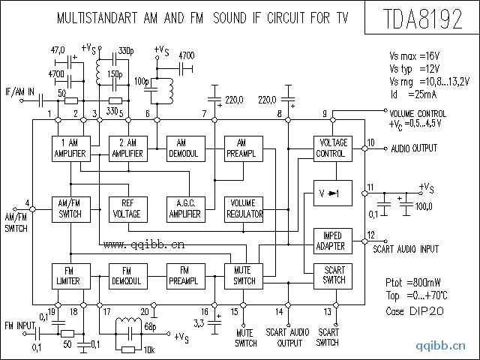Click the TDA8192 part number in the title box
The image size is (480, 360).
[421, 19]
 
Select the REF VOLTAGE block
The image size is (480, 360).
[128, 208]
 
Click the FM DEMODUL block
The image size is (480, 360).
[128, 276]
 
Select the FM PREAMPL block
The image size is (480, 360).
[185, 276]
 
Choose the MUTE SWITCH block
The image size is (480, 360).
[243, 276]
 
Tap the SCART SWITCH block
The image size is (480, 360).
[333, 276]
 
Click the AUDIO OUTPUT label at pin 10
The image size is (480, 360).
[414, 148]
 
